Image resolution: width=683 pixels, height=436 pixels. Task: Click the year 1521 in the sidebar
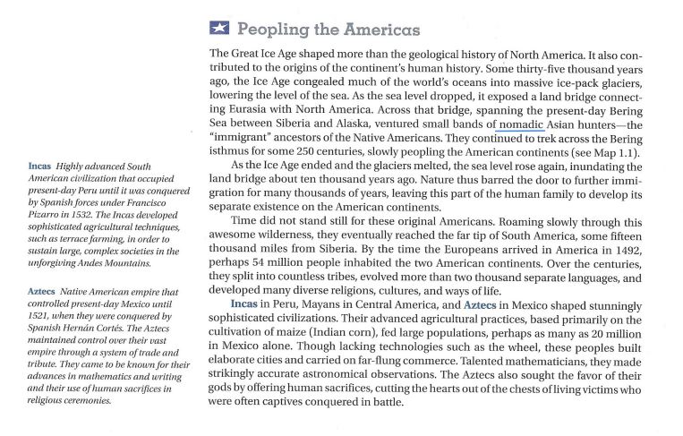pos(44,316)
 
